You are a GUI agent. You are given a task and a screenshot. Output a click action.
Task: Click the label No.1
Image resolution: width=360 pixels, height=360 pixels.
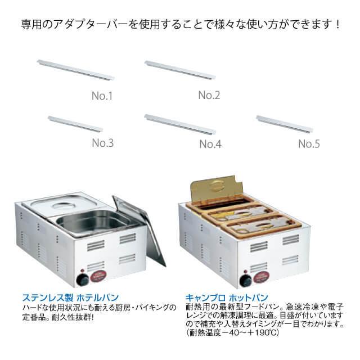(x=102, y=96)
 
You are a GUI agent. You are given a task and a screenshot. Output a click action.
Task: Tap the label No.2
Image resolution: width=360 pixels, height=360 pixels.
(x=209, y=95)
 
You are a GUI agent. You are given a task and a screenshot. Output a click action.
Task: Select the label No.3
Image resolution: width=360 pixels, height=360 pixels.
(x=103, y=143)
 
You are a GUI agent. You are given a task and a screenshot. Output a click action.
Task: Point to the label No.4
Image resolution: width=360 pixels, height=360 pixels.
(x=210, y=144)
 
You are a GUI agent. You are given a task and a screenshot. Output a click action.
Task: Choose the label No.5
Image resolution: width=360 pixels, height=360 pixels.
(x=309, y=143)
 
